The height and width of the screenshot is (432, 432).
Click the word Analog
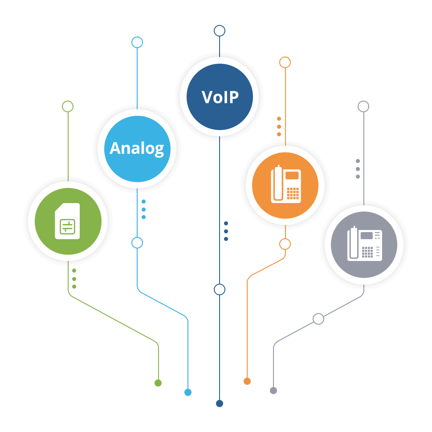tap(137, 148)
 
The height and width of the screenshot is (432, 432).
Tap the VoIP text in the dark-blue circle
tap(220, 97)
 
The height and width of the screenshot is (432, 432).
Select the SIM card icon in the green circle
tap(67, 221)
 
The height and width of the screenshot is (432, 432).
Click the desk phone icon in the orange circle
tap(285, 185)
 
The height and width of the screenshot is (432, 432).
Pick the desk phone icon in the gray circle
tap(364, 245)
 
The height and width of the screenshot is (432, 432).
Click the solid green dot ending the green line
tap(158, 383)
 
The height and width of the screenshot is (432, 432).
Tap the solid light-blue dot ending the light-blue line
tap(188, 392)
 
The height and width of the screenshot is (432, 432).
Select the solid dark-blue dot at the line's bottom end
tap(220, 403)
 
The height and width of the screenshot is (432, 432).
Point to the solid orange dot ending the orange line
tap(247, 381)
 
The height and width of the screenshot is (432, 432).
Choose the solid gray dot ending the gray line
tap(273, 391)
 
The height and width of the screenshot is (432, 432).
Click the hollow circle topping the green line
tap(68, 106)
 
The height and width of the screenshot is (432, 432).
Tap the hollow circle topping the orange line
tap(285, 62)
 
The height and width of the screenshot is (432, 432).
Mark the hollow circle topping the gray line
tap(363, 106)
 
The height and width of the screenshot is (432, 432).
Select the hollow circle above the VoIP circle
tap(220, 31)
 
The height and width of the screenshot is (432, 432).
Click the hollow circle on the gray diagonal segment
tap(318, 319)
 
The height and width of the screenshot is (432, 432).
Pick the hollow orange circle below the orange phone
tap(285, 244)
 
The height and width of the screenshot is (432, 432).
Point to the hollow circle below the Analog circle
tap(137, 243)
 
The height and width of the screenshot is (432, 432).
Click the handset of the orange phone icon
tap(278, 184)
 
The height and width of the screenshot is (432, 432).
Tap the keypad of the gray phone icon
tap(367, 252)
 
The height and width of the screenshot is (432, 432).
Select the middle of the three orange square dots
tap(279, 126)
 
